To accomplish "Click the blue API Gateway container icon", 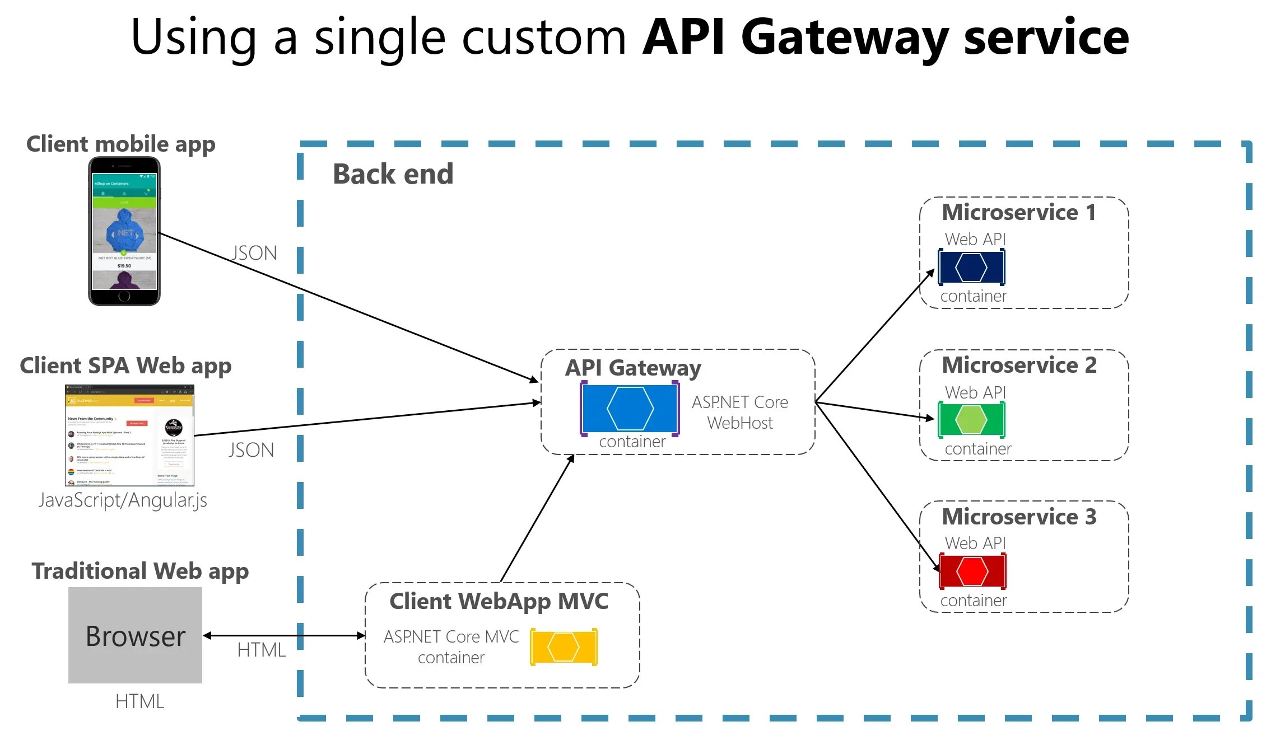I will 630,409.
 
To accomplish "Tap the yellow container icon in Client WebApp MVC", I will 564,647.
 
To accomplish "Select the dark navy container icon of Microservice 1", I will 971,267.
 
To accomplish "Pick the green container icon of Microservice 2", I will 971,419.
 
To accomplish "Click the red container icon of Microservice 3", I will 972,571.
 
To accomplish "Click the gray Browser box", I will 135,635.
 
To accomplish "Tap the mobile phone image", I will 124,231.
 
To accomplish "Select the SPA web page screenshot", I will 129,435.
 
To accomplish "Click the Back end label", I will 393,174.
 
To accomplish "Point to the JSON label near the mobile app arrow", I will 254,253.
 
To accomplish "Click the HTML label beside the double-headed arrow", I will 261,650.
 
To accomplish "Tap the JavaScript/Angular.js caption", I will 123,500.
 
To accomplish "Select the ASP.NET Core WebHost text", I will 739,413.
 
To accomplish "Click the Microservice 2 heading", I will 1019,365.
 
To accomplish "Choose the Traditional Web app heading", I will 140,571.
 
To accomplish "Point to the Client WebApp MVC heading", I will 499,601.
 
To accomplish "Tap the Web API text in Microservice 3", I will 975,543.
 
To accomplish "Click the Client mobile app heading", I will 121,144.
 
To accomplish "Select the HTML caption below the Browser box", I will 139,701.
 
